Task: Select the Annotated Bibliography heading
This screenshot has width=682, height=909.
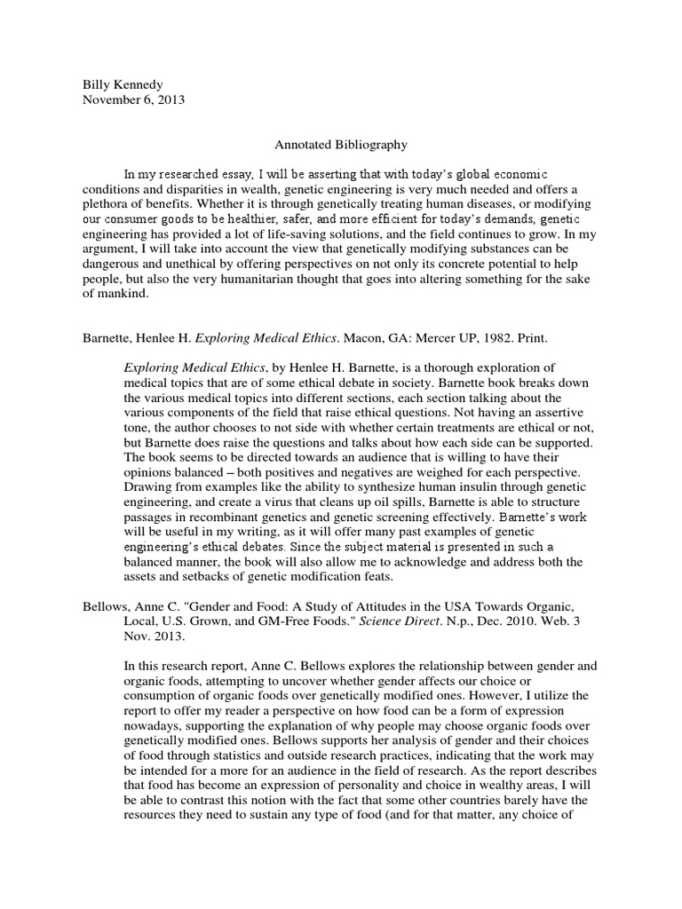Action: pos(333,142)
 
